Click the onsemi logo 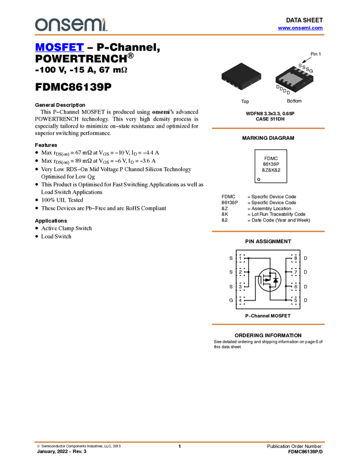(x=71, y=25)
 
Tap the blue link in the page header (x=300, y=28)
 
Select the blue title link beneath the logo (x=59, y=48)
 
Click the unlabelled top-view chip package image (x=241, y=76)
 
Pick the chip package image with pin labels (x=295, y=79)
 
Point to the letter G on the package (x=311, y=71)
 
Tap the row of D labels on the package (x=283, y=90)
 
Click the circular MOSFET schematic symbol (x=270, y=280)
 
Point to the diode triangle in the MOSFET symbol (x=276, y=280)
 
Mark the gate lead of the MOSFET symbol (x=262, y=280)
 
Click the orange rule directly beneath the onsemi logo (x=180, y=35)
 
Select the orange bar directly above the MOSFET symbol (x=268, y=231)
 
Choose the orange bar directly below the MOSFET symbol (x=268, y=325)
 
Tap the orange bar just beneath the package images (x=268, y=128)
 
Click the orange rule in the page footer (x=180, y=441)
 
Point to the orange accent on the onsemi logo (x=106, y=20)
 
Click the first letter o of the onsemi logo (x=40, y=25)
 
